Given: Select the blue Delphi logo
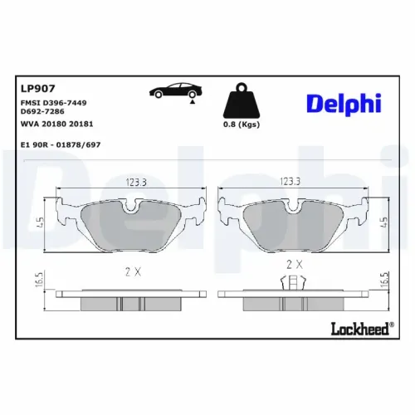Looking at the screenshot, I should tap(343, 103).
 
